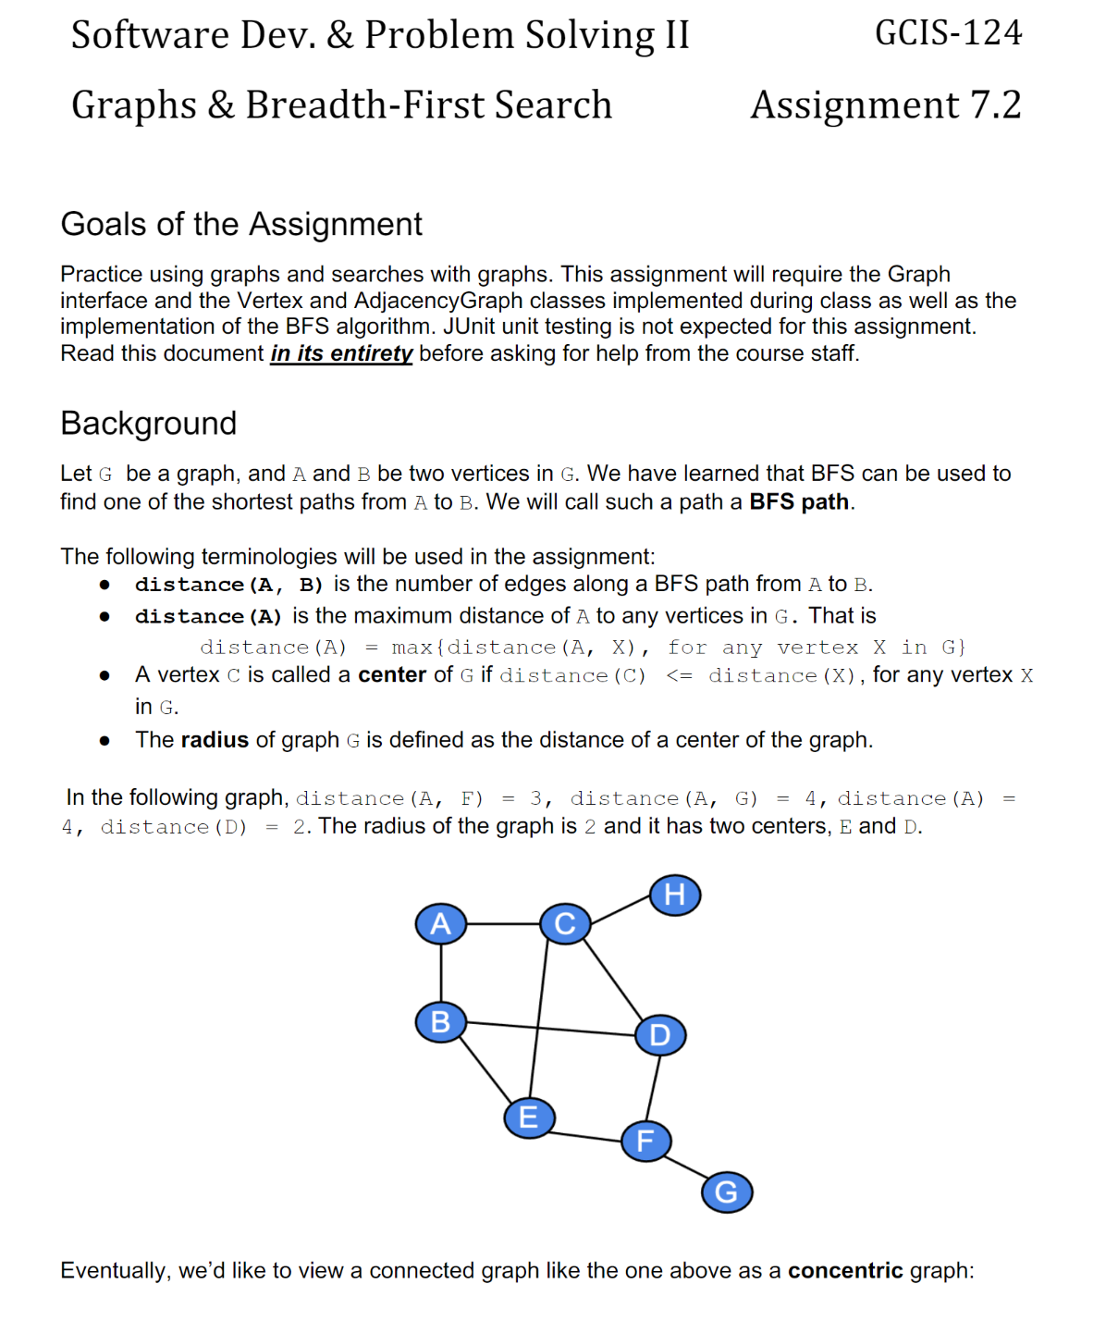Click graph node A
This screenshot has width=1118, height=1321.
tap(440, 923)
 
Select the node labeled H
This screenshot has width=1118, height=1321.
tap(675, 895)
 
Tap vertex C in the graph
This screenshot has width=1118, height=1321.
tap(565, 923)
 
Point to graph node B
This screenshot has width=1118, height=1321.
tap(440, 1021)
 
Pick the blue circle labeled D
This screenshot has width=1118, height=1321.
tap(660, 1034)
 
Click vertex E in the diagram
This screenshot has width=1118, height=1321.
tap(529, 1117)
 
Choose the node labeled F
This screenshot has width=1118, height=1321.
tap(645, 1141)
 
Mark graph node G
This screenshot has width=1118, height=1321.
tap(727, 1191)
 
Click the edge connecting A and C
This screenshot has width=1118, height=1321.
tap(502, 923)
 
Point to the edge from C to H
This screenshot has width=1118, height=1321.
tap(620, 909)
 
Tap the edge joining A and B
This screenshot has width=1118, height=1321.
tap(440, 972)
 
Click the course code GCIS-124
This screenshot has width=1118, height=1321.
tap(948, 33)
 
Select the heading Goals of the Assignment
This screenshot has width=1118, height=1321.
tap(241, 224)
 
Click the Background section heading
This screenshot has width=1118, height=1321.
tap(149, 423)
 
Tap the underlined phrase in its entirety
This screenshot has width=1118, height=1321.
tap(341, 353)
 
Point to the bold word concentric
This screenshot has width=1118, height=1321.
tap(844, 1270)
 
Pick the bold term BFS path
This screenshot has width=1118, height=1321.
tap(799, 501)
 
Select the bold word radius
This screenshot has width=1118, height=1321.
tap(215, 740)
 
